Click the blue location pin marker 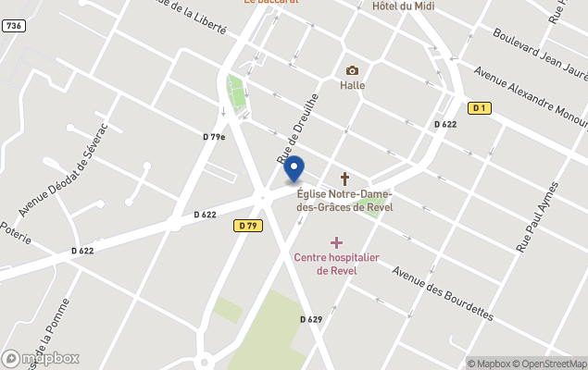point(294,169)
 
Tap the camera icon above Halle point(352,70)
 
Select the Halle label point(352,86)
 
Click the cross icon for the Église point(345,178)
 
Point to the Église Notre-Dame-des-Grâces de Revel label point(344,200)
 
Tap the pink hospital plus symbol point(336,242)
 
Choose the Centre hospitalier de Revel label point(336,264)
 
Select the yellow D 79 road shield point(246,225)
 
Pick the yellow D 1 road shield point(478,108)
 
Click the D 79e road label point(214,137)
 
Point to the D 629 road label point(311,319)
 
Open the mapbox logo point(41,358)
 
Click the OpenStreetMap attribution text point(553,364)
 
